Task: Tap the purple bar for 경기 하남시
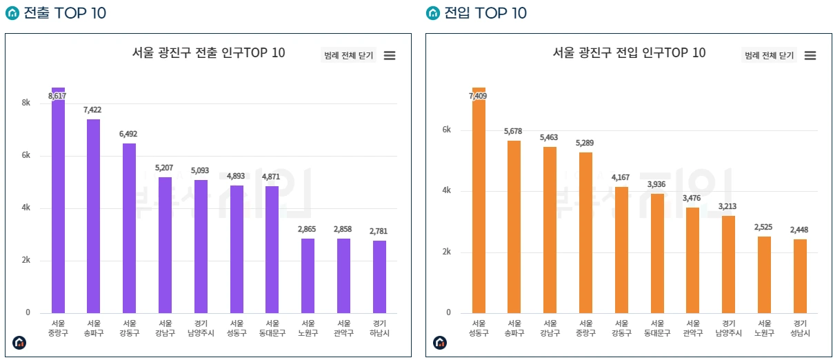pos(379,276)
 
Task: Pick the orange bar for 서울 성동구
pos(479,200)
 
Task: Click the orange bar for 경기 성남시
pos(800,276)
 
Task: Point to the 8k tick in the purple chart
pos(26,103)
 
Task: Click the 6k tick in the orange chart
pos(446,130)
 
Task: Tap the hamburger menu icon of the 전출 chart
pos(390,56)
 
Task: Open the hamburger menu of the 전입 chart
pos(810,56)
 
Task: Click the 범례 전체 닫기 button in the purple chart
pos(349,56)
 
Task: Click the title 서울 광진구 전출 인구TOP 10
pos(208,53)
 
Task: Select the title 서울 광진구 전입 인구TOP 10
pos(629,53)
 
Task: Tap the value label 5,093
pos(200,170)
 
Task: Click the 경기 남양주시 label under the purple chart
pos(201,328)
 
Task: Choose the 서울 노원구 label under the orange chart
pos(764,328)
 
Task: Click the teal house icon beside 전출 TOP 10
pos(12,13)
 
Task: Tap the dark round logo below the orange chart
pos(440,342)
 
